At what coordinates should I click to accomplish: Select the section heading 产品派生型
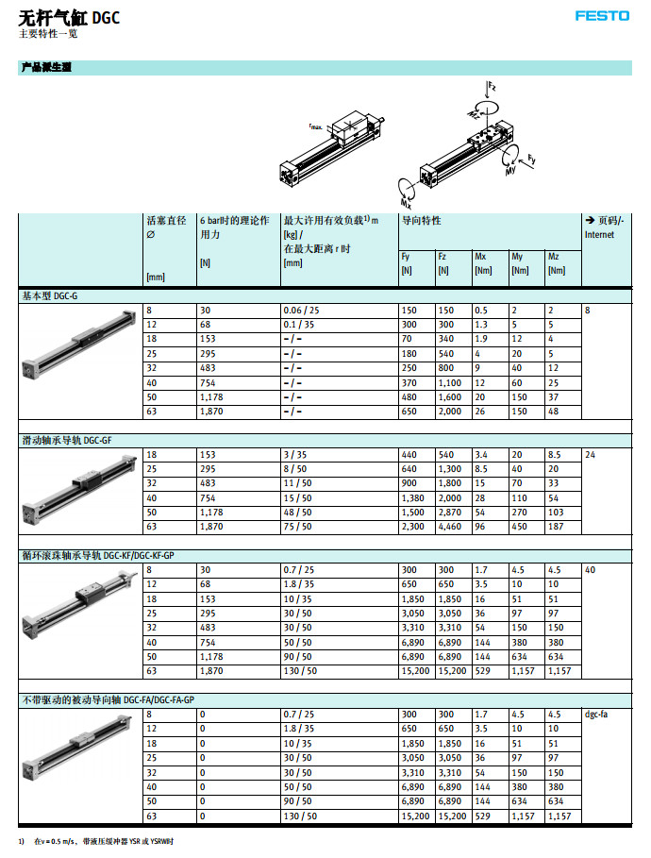[x=46, y=68]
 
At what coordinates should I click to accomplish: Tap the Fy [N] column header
[x=407, y=262]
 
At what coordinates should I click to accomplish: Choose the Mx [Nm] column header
[x=483, y=262]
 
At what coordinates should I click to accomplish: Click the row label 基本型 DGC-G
[x=52, y=296]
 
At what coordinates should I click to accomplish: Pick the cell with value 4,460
[x=450, y=527]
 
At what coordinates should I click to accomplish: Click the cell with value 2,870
[x=450, y=513]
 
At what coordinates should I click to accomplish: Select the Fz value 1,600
[x=450, y=397]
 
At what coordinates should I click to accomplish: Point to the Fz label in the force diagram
[x=492, y=86]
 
